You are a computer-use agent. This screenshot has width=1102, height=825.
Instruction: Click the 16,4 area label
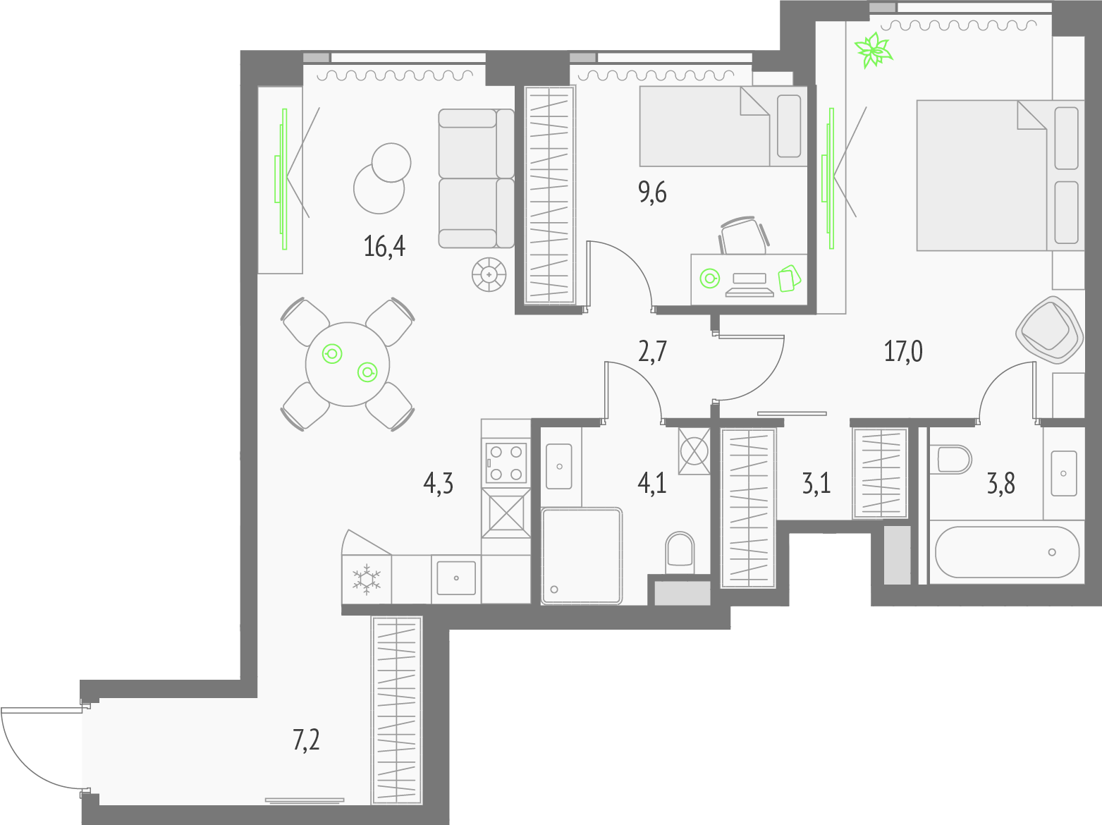tap(384, 247)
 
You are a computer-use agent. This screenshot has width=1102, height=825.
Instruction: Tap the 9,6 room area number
tap(652, 192)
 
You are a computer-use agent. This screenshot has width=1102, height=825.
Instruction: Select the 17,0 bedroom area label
tap(903, 351)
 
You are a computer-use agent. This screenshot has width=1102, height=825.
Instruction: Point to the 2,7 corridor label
tap(652, 351)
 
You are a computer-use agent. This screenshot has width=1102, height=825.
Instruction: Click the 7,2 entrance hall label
tap(306, 740)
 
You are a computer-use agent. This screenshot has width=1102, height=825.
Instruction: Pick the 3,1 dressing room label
tap(816, 484)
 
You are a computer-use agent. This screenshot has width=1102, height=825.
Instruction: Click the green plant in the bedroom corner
tap(874, 49)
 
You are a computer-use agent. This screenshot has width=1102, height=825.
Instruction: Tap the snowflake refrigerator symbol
tap(367, 580)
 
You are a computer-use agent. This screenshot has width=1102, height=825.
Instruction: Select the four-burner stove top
tap(506, 463)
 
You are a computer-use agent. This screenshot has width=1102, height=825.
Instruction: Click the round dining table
tap(348, 364)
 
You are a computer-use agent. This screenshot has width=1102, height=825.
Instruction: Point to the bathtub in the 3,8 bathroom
tap(1007, 552)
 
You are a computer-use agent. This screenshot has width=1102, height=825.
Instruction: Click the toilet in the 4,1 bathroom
tap(680, 552)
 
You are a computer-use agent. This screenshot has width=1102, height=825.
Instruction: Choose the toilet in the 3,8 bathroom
tap(950, 460)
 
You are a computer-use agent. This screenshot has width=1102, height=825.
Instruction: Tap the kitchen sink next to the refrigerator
tap(456, 578)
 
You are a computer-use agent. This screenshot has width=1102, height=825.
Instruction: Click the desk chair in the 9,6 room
tap(744, 236)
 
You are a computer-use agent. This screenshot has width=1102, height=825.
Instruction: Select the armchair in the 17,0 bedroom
tap(1049, 329)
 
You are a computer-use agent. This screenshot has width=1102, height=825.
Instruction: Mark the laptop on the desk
tap(749, 285)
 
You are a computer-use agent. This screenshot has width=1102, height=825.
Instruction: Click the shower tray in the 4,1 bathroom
tap(582, 556)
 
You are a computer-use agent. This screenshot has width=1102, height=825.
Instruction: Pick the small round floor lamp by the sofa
tap(489, 275)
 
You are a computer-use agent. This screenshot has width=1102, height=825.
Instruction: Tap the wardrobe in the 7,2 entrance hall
tap(397, 710)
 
